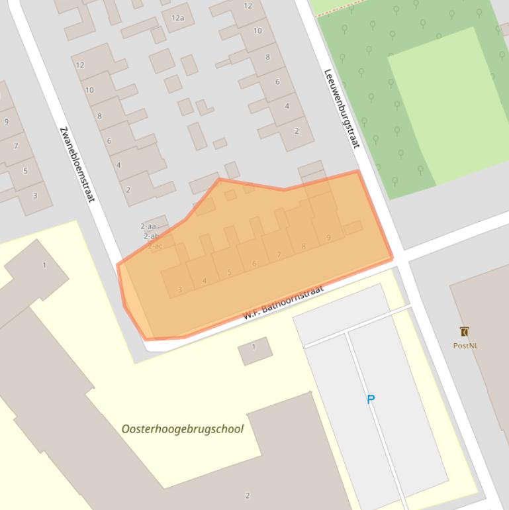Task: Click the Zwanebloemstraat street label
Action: click(77, 164)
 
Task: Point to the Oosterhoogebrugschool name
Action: click(182, 429)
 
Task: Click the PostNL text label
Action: click(465, 346)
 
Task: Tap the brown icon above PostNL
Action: click(465, 332)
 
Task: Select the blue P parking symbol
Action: click(371, 399)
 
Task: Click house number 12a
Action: click(177, 18)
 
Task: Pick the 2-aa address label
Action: click(149, 226)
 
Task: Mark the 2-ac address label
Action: click(155, 246)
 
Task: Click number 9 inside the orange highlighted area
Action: click(328, 238)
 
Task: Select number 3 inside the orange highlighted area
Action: click(180, 289)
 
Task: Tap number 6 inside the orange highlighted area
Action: click(254, 264)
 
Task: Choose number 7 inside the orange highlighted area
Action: click(279, 255)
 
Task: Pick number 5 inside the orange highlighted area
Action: click(229, 272)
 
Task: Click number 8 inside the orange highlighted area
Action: click(304, 246)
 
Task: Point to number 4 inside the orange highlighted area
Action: click(205, 281)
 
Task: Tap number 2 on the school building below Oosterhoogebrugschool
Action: click(248, 495)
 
